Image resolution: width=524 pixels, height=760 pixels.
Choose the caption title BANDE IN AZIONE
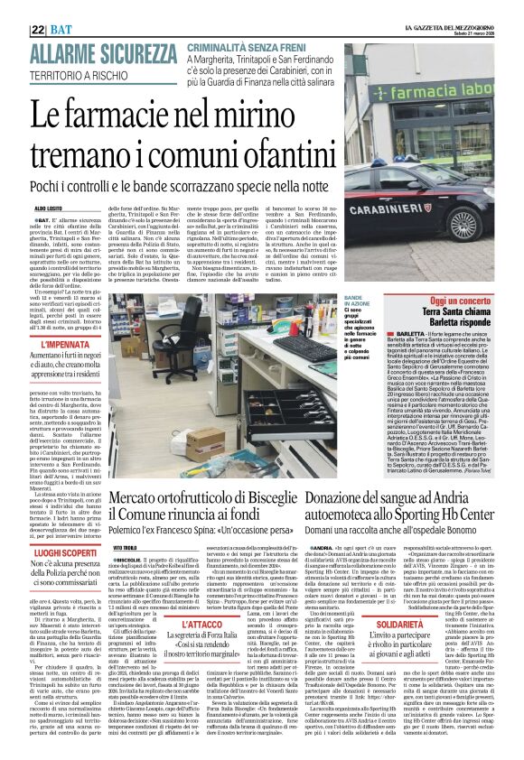(x=355, y=301)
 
